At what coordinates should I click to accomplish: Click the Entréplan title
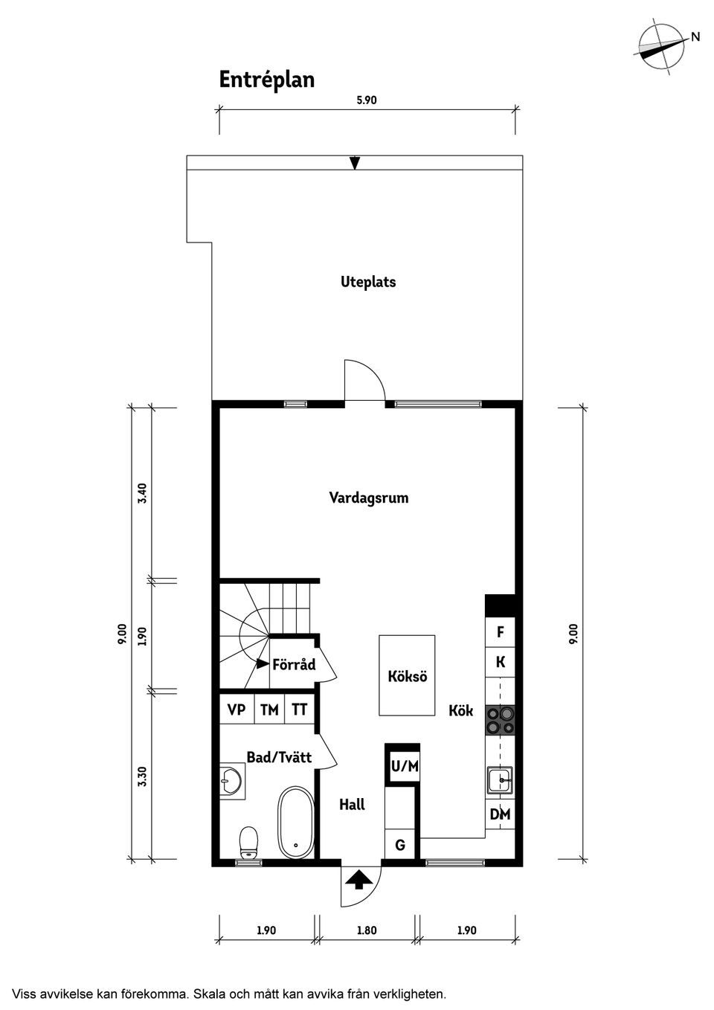[266, 80]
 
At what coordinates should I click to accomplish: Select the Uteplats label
[368, 282]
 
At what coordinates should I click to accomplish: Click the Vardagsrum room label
[368, 498]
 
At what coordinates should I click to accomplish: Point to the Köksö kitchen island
[407, 675]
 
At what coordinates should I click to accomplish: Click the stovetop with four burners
[500, 721]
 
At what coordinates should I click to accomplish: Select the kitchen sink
[500, 781]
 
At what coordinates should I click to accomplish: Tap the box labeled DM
[500, 815]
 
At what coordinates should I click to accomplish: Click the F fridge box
[500, 632]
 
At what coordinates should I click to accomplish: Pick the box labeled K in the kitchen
[500, 662]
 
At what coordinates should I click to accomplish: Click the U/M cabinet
[405, 765]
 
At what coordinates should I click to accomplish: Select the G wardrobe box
[400, 845]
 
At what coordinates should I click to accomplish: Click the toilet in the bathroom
[248, 841]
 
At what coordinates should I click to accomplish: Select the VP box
[237, 710]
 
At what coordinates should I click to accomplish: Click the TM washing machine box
[269, 710]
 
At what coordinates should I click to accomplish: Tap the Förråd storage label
[294, 664]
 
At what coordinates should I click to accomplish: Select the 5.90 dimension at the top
[367, 100]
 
